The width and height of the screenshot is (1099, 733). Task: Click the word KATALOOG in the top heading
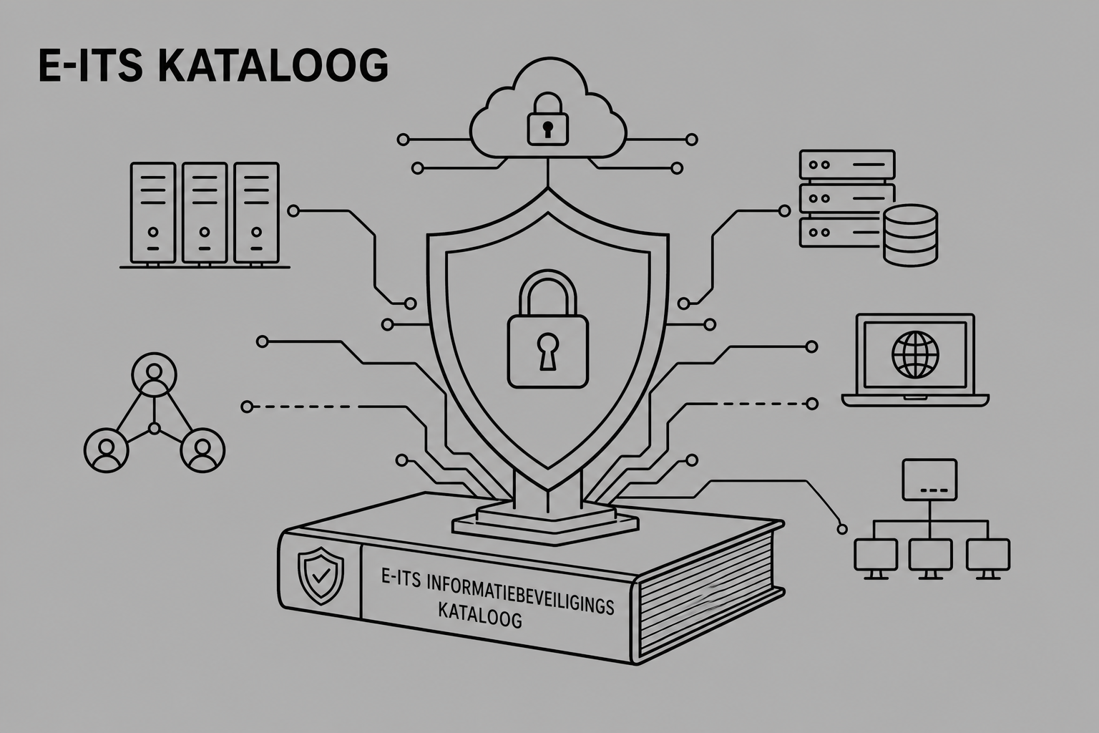tap(273, 65)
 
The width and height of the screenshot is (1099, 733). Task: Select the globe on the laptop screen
tap(915, 354)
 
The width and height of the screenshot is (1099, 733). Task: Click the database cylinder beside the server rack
tap(910, 236)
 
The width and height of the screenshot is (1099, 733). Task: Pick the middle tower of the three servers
tap(205, 213)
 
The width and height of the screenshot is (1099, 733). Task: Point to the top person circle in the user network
tap(154, 374)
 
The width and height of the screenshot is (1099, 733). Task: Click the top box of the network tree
tap(929, 480)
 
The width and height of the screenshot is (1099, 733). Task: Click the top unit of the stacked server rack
tap(847, 165)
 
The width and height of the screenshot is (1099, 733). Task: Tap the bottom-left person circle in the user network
tap(106, 450)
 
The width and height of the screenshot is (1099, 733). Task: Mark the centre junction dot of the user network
tap(155, 429)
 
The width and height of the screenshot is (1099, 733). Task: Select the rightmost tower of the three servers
tap(256, 213)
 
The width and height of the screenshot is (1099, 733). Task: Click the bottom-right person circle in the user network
tap(202, 450)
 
